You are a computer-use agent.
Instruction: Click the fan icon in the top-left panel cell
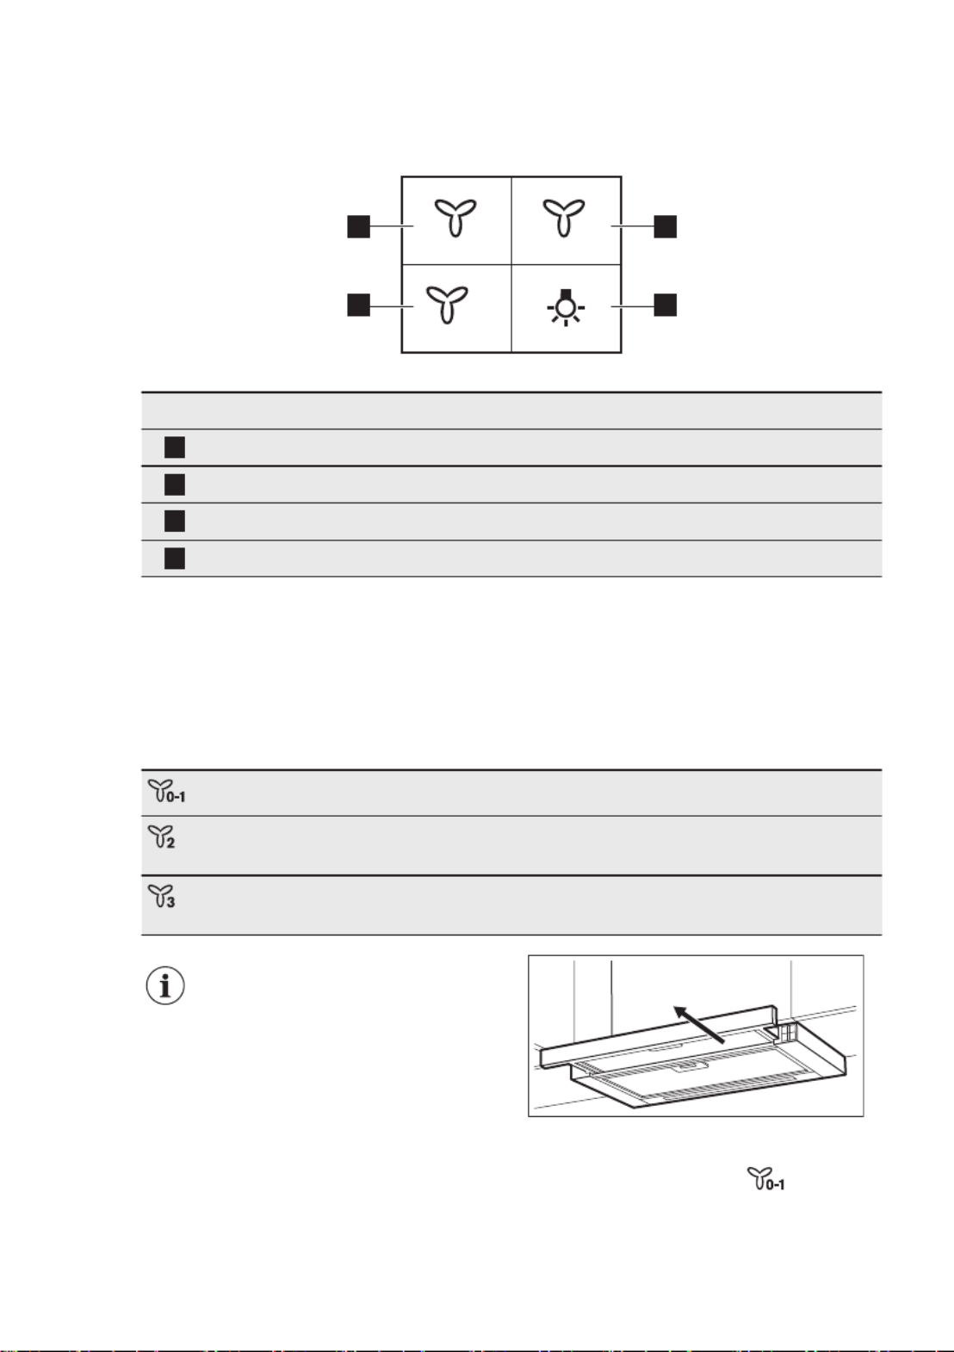(x=455, y=217)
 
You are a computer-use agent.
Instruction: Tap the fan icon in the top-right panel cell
(x=564, y=217)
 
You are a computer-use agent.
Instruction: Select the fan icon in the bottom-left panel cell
(x=447, y=304)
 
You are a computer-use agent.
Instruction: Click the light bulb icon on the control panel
(x=565, y=307)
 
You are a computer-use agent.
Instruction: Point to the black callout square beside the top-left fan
(x=358, y=226)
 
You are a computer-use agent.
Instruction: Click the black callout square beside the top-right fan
(x=665, y=226)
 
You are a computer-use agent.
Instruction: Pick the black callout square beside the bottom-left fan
(x=358, y=305)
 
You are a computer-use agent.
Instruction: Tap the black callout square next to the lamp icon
(x=665, y=305)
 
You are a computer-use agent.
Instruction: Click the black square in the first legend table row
(x=175, y=448)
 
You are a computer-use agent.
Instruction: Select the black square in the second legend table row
(x=175, y=485)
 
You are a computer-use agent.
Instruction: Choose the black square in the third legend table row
(x=175, y=522)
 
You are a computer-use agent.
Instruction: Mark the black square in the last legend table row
(x=175, y=559)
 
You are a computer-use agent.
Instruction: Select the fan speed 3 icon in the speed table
(x=162, y=897)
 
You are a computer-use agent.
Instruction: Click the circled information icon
(x=164, y=986)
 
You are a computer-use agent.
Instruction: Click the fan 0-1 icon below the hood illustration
(x=765, y=1179)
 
